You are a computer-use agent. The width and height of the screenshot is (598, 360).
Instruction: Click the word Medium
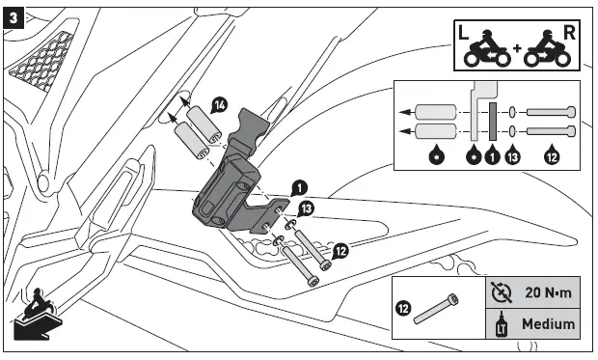click(547, 325)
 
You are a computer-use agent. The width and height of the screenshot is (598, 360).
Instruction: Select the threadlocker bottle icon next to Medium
click(498, 325)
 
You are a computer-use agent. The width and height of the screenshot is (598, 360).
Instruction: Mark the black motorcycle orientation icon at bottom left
click(33, 315)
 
